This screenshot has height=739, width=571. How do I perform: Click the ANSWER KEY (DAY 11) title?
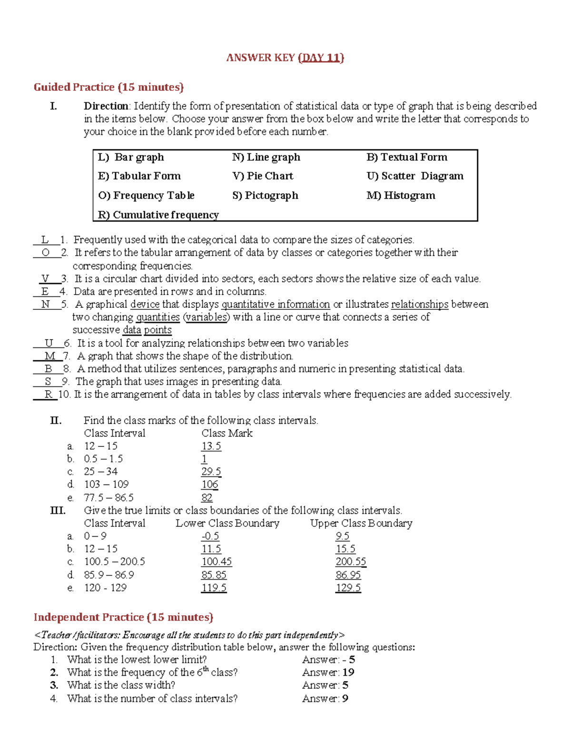pos(285,58)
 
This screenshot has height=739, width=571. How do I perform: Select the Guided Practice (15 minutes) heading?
pos(108,87)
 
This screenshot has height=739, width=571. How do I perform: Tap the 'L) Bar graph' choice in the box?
pos(131,158)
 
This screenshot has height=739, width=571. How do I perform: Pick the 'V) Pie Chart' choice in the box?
pos(263,176)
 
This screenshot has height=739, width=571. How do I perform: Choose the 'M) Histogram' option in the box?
pos(401,196)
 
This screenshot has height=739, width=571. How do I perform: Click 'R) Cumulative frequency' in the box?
pos(158,215)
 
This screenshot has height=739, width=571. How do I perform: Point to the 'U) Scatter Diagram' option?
pos(415,176)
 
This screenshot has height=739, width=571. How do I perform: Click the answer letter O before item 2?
pos(46,253)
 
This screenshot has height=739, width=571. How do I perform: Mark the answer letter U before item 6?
pos(49,343)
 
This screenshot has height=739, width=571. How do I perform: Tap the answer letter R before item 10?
pos(48,394)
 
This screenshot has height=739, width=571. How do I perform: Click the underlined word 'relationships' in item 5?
pos(419,305)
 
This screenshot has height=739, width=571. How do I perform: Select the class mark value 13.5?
pos(211,446)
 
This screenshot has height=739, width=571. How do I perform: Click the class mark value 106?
pos(209,484)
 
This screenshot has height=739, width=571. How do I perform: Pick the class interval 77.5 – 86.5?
pos(108,498)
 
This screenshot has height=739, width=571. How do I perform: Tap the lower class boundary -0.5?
pos(210,536)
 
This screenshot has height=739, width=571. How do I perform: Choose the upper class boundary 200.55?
pos(351,562)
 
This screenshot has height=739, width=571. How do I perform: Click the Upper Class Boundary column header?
pos(361,523)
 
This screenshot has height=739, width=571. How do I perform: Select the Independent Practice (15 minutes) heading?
pos(123,617)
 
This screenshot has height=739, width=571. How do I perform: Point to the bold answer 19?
pos(348,672)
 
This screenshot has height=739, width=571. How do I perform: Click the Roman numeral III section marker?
pos(58,511)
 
